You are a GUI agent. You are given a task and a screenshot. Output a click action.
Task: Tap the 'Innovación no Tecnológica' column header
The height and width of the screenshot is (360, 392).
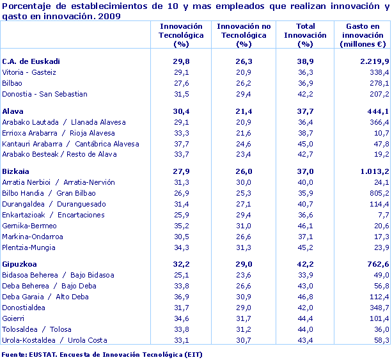pyautogui.click(x=242, y=35)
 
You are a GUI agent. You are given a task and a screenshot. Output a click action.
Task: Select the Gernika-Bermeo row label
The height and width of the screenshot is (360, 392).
pyautogui.click(x=29, y=226)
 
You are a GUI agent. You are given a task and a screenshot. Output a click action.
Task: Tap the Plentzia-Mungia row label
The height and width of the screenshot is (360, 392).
pyautogui.click(x=29, y=247)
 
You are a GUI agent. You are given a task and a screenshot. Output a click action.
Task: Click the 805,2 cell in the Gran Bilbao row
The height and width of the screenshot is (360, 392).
pyautogui.click(x=378, y=193)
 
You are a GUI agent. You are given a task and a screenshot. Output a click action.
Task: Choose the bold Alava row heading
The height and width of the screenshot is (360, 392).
pyautogui.click(x=13, y=111)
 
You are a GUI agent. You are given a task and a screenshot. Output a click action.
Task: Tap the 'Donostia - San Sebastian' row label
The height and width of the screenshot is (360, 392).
pyautogui.click(x=45, y=94)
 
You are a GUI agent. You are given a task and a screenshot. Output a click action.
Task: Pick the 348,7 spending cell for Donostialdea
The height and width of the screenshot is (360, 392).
pyautogui.click(x=378, y=307)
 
